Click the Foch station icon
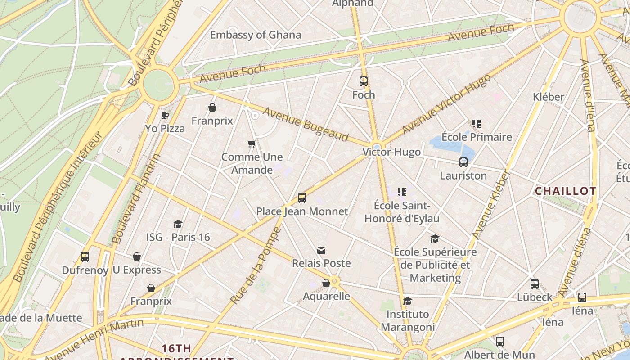click(x=364, y=81)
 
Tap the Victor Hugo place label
click(x=391, y=152)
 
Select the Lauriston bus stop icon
click(x=463, y=162)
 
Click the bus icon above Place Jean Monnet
click(x=302, y=198)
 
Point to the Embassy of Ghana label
click(x=256, y=35)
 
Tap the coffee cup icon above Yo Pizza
click(x=165, y=115)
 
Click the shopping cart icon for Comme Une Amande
click(x=252, y=144)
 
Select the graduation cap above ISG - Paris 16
click(x=178, y=224)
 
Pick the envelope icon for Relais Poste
click(x=321, y=250)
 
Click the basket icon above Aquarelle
click(x=326, y=283)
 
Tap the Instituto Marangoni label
click(x=408, y=320)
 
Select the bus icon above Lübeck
click(x=535, y=284)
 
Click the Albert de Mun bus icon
click(x=500, y=342)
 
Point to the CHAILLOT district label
click(x=565, y=191)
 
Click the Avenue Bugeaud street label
click(x=306, y=124)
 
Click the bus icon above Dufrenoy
click(x=85, y=257)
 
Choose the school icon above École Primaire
click(x=477, y=124)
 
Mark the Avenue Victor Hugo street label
click(x=445, y=104)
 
